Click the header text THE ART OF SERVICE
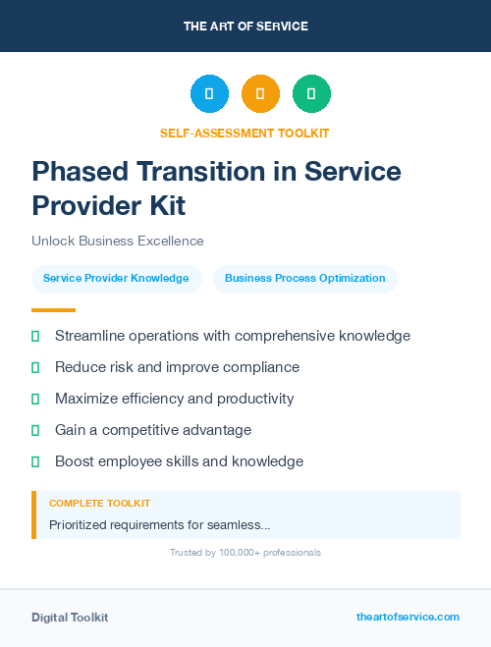[245, 26]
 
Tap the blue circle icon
[209, 93]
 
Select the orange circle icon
[260, 93]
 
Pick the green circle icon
[311, 93]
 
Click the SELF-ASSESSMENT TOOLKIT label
[245, 133]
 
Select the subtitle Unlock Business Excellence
[118, 241]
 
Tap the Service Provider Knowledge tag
[116, 278]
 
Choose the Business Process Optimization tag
[304, 278]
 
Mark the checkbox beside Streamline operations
[35, 336]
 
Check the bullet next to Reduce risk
[35, 367]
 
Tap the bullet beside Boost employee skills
[35, 461]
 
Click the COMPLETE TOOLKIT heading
[99, 503]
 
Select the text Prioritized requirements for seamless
[160, 525]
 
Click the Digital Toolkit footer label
[70, 618]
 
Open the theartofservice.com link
[408, 617]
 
